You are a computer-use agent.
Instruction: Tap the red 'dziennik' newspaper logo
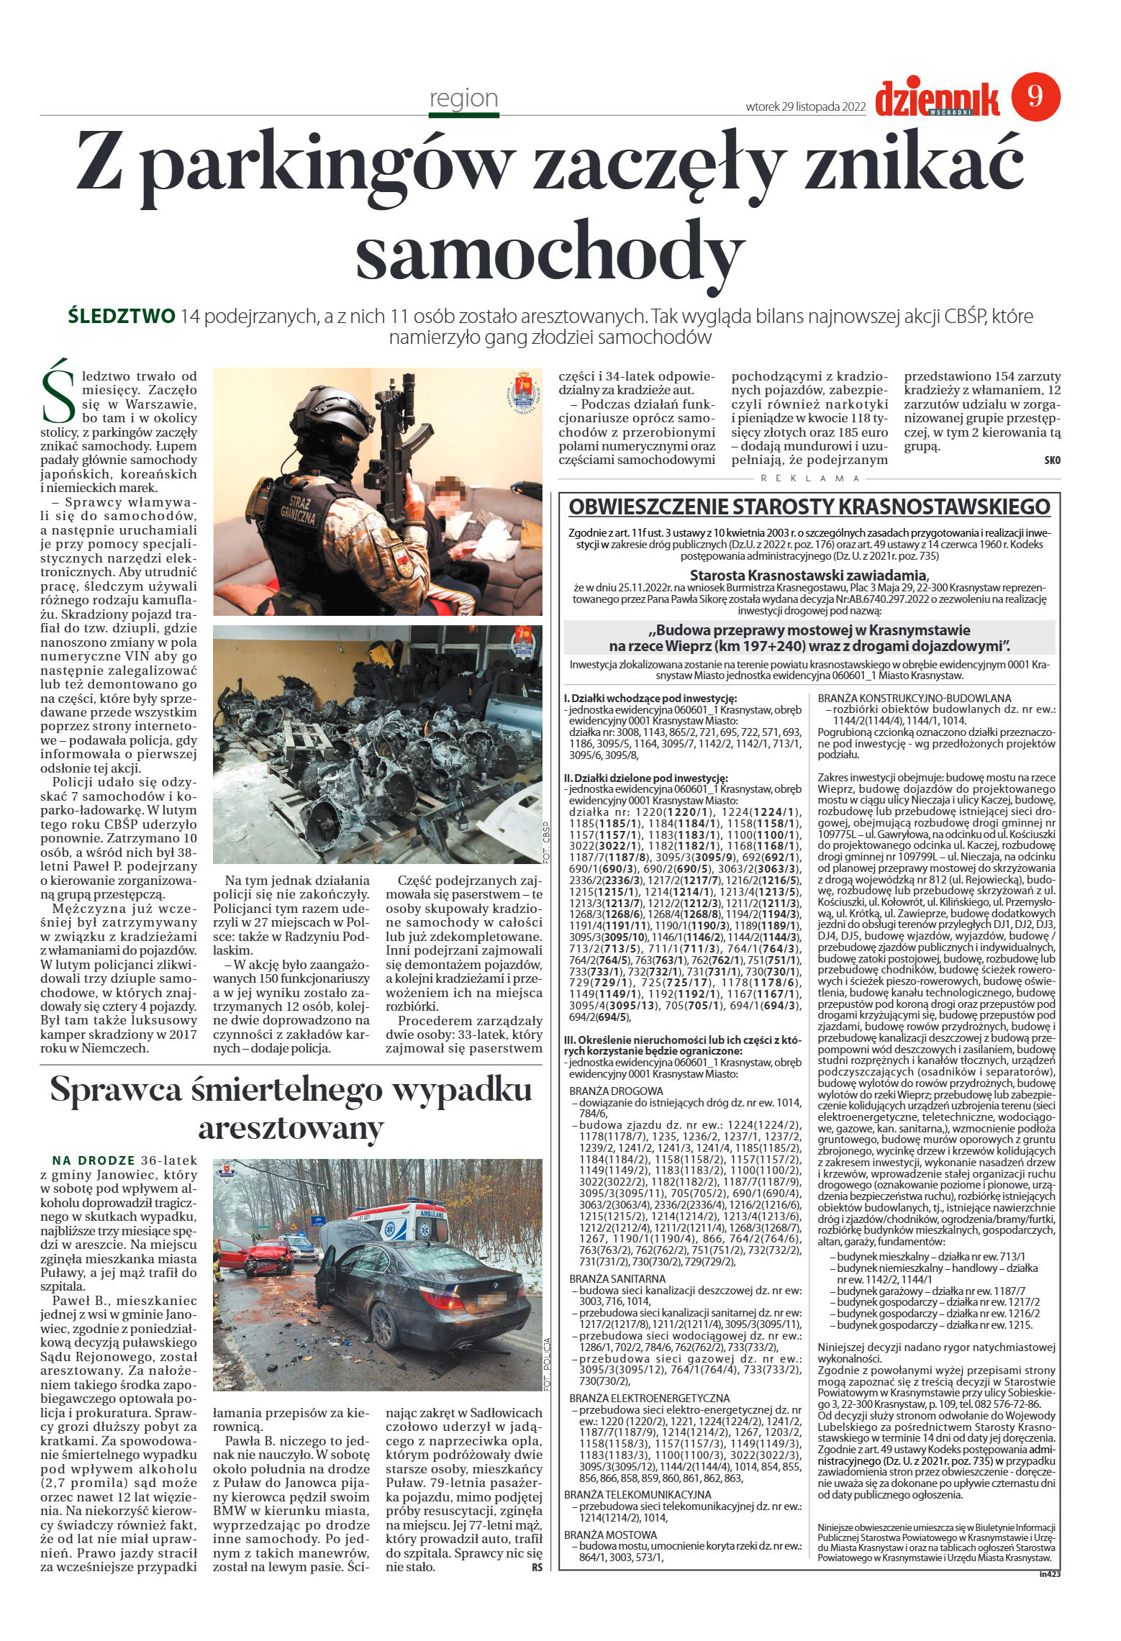938,99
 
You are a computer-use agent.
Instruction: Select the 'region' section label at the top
463,98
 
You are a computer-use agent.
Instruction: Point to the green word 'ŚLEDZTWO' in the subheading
121,316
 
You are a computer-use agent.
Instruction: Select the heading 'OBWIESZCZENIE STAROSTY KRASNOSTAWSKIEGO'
809,507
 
